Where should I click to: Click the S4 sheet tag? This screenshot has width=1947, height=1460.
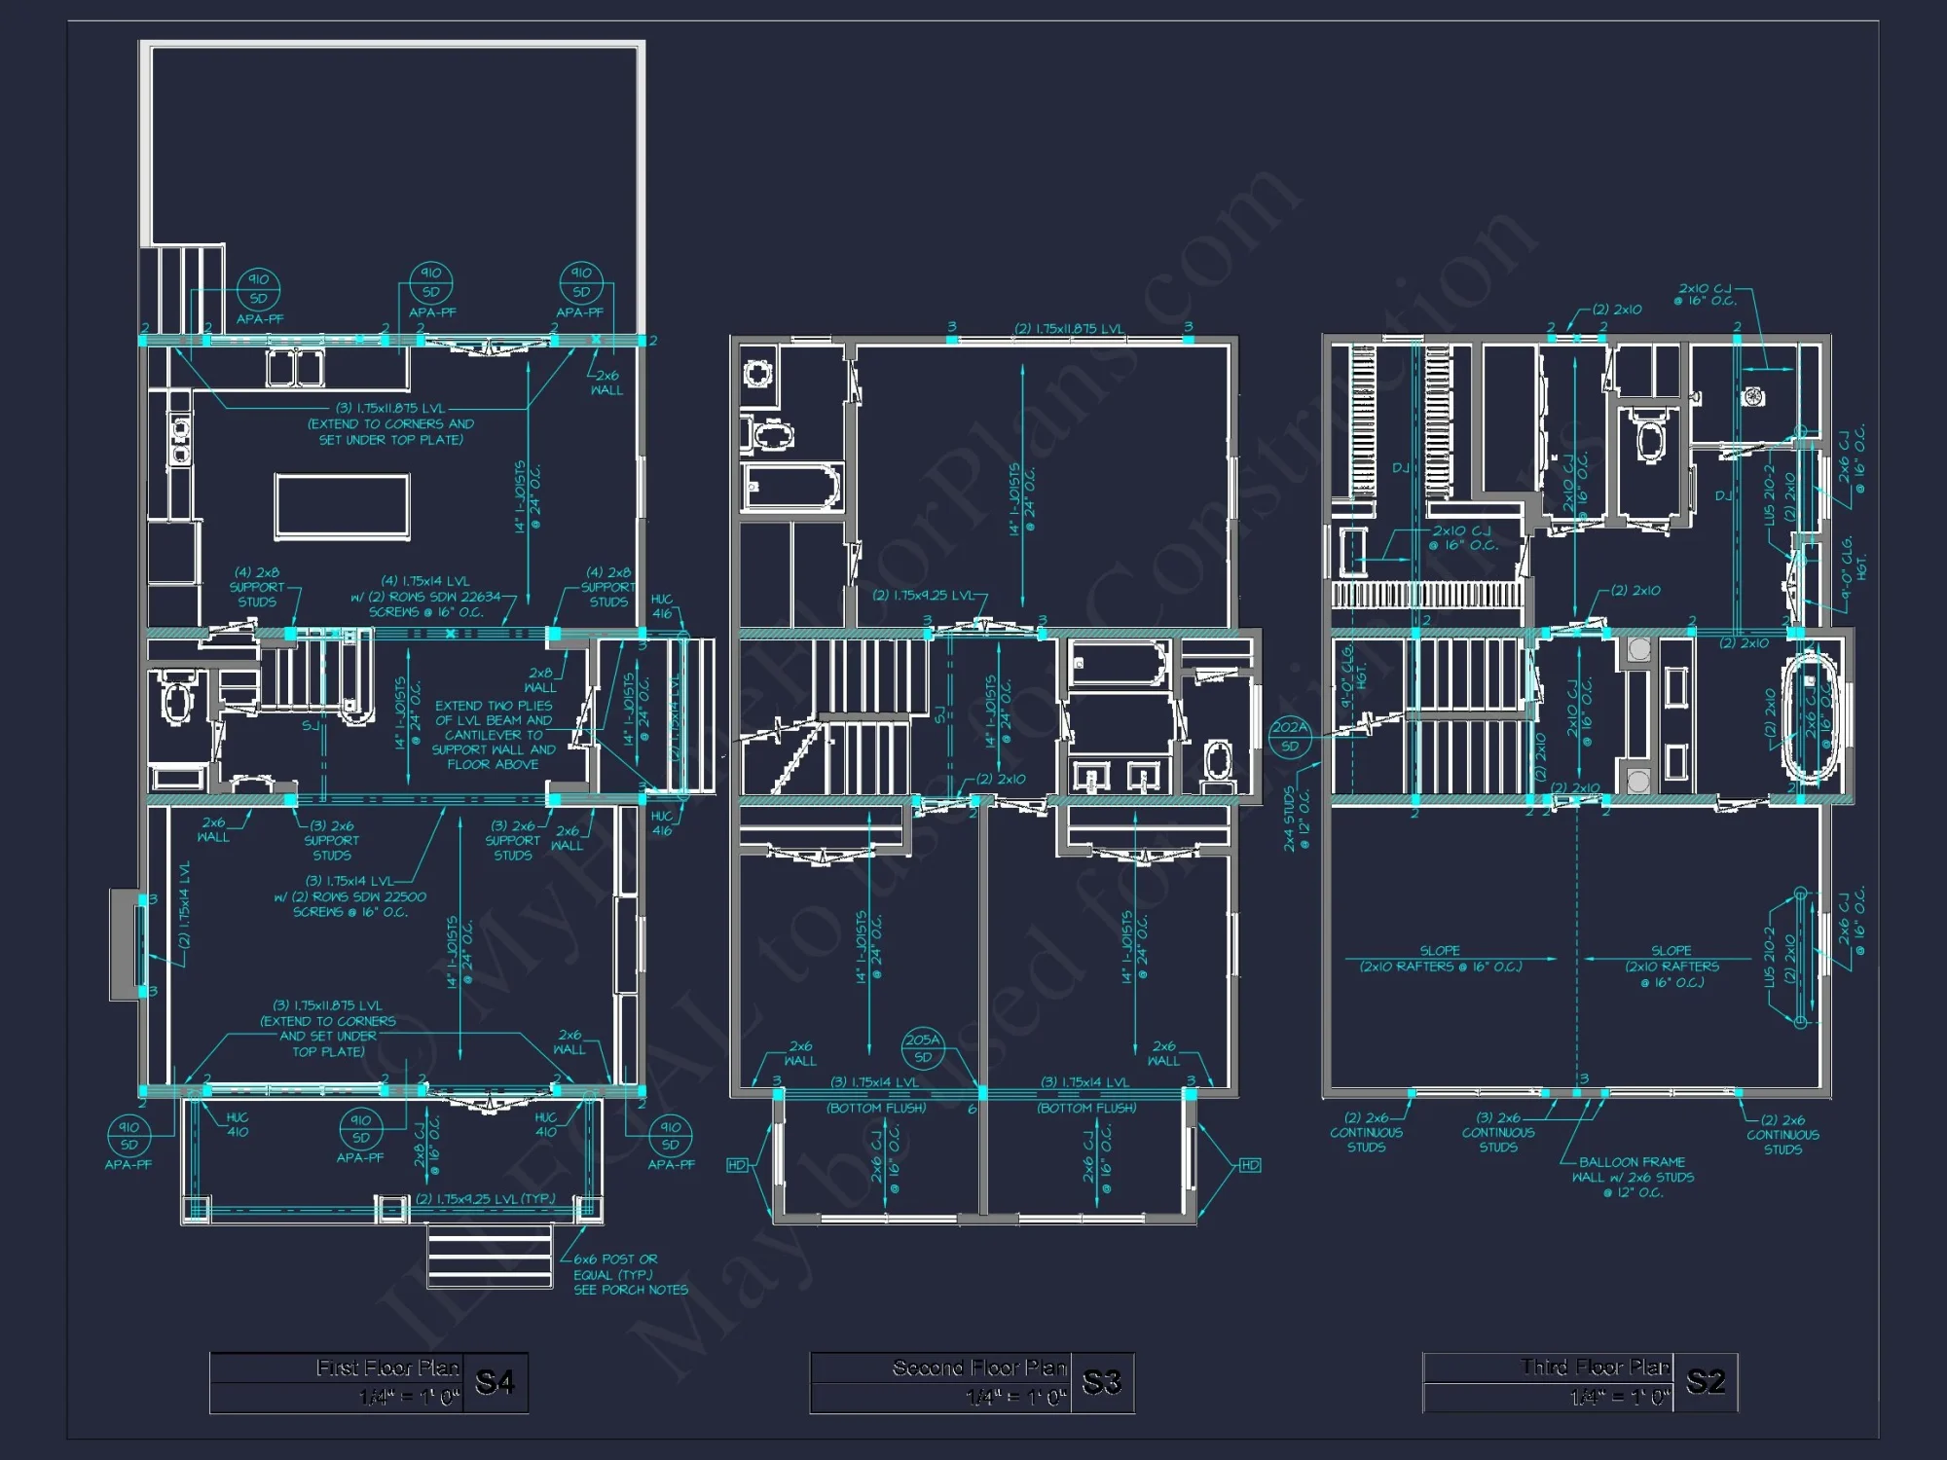point(495,1382)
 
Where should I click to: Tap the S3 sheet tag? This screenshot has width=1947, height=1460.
point(1101,1382)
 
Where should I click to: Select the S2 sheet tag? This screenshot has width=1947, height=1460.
point(1705,1381)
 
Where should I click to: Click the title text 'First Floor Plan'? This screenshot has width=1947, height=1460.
point(387,1368)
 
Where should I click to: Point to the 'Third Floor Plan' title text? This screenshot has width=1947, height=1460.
point(1595,1368)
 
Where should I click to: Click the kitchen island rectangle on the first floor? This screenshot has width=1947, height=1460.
point(342,506)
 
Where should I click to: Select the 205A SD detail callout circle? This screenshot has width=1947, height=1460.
point(923,1047)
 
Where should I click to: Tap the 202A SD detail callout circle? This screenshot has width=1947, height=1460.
point(1290,736)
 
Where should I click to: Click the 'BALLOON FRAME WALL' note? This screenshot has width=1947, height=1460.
point(1632,1177)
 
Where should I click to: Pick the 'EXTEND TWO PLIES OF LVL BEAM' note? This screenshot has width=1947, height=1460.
point(493,735)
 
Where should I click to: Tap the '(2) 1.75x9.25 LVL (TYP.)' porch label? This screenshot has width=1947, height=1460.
point(485,1199)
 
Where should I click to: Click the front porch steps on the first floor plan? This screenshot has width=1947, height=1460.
point(490,1256)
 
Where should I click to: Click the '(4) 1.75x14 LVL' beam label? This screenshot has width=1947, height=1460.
point(425,581)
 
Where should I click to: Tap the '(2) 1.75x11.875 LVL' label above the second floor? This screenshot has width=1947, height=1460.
point(1069,329)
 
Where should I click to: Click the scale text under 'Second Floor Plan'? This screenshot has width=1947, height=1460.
point(1016,1398)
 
